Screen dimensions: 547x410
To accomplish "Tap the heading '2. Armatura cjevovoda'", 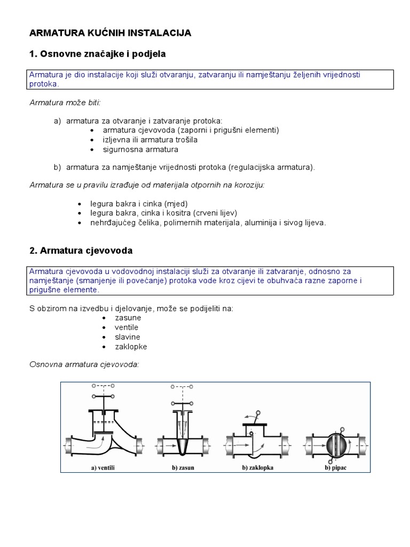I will coord(81,251).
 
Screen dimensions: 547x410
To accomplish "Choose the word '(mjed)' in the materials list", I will coord(176,204).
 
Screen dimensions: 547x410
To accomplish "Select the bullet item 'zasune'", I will coord(128,318).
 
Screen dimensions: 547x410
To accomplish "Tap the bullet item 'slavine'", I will coord(128,337).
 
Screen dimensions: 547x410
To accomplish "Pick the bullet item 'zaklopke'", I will coord(131,347).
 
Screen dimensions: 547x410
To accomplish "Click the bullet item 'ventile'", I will coord(127,327).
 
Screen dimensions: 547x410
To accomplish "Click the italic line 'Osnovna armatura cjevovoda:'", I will coord(84,364).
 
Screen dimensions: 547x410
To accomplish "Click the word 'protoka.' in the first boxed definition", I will coord(45,84).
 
